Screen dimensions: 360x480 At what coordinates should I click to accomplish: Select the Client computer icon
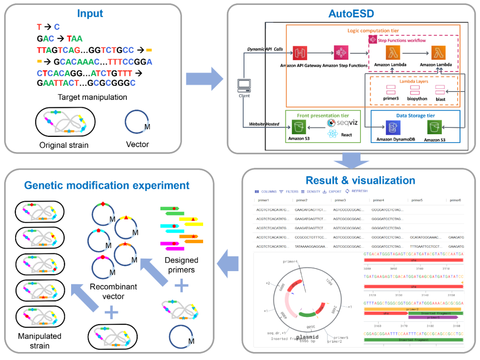pos(244,84)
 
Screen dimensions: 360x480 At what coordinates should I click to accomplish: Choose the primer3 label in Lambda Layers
pos(391,99)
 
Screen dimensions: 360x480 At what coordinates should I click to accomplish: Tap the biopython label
pos(415,99)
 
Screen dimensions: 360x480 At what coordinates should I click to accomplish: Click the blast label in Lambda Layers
pos(440,99)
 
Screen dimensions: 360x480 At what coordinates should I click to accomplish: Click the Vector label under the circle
pos(137,144)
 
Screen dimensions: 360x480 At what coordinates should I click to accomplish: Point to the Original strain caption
pos(64,145)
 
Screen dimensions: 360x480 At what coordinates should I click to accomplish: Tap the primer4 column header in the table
pos(379,200)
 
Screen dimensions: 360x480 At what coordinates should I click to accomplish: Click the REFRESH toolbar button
pos(359,191)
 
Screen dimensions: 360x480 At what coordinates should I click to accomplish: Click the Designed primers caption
pos(181,265)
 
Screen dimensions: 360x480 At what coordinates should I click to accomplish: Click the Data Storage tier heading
pos(415,116)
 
